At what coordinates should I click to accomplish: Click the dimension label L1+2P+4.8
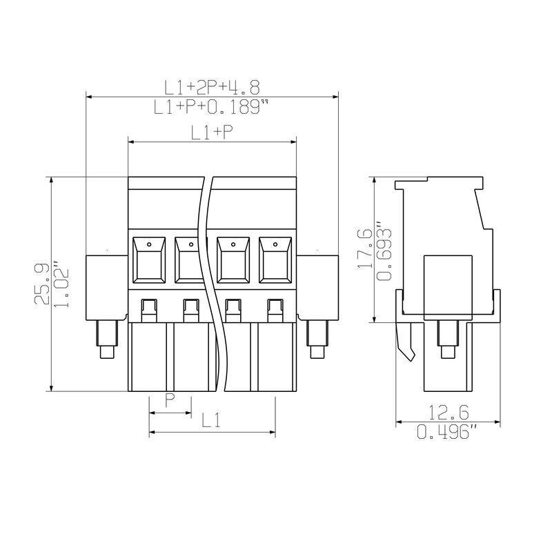pos(212,88)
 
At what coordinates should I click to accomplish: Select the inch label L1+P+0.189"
pos(211,107)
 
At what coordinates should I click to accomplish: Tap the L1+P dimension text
pos(212,132)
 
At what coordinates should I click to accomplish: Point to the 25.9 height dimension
pos(41,284)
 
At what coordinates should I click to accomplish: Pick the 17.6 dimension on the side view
pos(365,248)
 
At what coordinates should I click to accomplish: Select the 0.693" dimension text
pos(384,251)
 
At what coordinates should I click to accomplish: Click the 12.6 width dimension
pos(448,413)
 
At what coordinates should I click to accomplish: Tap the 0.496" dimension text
pos(447,432)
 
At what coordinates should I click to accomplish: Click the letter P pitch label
pos(170,400)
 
